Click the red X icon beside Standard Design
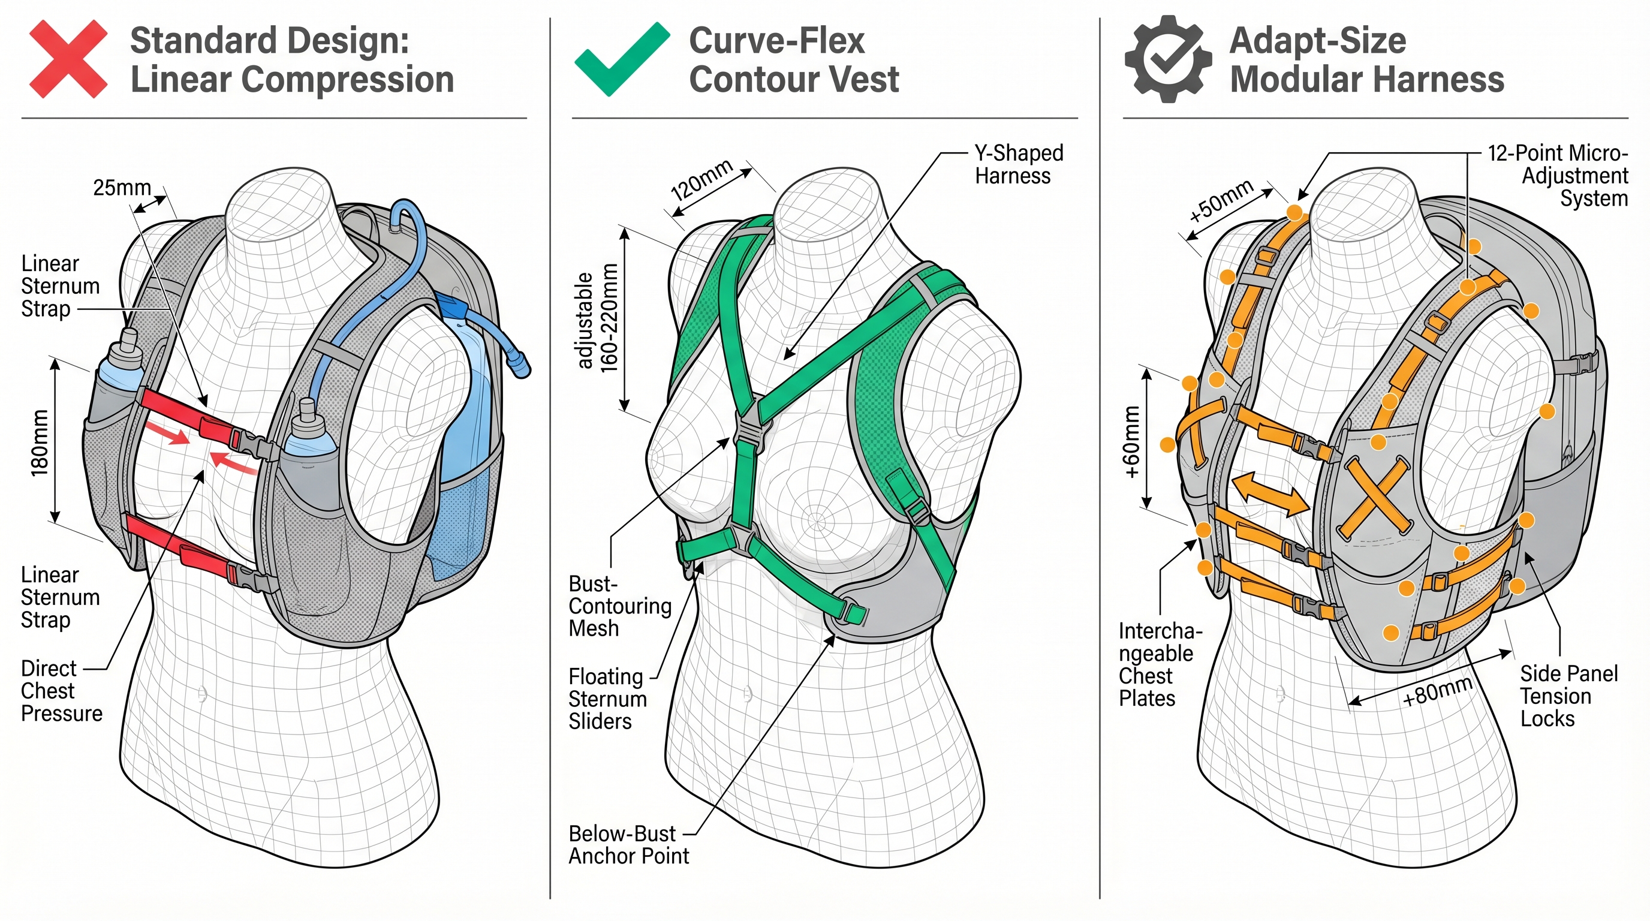click(x=68, y=59)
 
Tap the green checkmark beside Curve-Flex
click(x=621, y=59)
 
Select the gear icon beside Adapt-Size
click(x=1169, y=59)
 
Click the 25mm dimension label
click(x=122, y=188)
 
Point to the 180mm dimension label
click(x=40, y=442)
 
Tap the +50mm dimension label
click(x=1220, y=200)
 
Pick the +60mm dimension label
click(x=1133, y=442)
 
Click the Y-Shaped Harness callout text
click(x=1018, y=165)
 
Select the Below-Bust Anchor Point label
click(x=628, y=844)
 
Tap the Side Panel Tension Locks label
click(x=1568, y=696)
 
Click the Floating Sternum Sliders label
click(x=607, y=699)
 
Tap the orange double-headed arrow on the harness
click(x=1270, y=495)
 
